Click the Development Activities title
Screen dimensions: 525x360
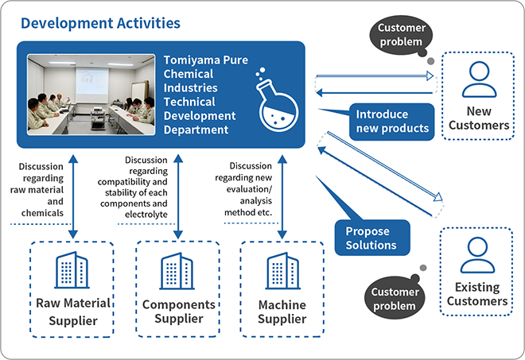point(100,23)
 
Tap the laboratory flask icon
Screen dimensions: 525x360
point(277,99)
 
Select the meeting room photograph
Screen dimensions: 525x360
point(91,95)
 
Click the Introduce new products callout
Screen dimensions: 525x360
point(391,122)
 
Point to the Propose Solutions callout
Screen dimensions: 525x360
point(372,238)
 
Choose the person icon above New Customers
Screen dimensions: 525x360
point(479,79)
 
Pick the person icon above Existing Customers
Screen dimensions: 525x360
point(477,255)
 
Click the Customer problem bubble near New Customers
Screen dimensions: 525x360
point(401,35)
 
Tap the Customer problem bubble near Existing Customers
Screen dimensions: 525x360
point(395,297)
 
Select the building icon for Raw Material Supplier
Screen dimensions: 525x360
point(72,270)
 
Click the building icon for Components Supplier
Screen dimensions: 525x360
point(177,271)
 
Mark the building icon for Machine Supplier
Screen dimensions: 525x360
point(282,271)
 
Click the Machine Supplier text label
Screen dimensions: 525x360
point(282,312)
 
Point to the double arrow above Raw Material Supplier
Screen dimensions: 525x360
point(73,196)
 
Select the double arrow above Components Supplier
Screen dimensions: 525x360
point(178,196)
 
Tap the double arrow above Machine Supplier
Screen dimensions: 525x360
point(282,196)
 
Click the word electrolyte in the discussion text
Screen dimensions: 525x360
point(146,215)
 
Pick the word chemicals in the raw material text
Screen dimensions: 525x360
point(42,213)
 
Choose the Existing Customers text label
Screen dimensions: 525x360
point(477,294)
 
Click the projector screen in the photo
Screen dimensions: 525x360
point(91,85)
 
